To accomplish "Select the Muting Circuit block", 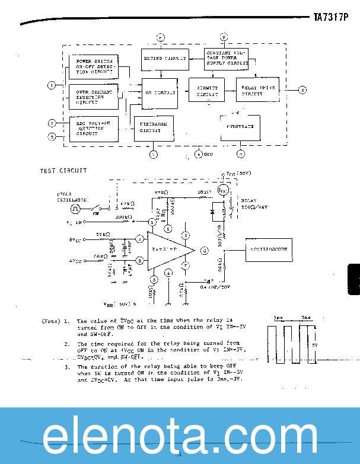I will click(x=164, y=59).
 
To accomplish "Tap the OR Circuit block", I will click(x=160, y=93).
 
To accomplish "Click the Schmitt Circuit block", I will click(x=207, y=91).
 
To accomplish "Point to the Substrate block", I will click(x=239, y=127).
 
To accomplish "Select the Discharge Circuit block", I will click(x=154, y=128).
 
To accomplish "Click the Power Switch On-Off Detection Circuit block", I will click(x=93, y=67).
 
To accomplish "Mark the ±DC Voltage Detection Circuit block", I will click(x=93, y=128).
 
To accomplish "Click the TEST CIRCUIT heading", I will click(x=63, y=171).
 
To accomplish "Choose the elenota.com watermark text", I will click(x=179, y=436).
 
